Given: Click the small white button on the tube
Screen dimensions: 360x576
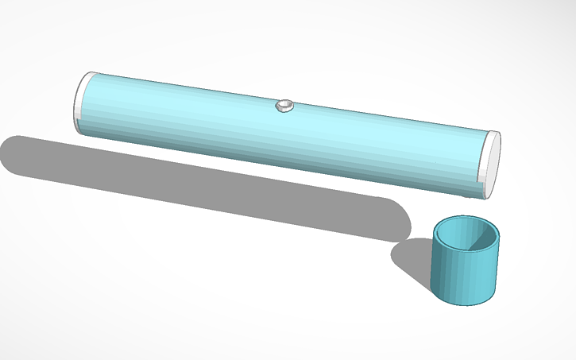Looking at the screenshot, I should coord(284,106).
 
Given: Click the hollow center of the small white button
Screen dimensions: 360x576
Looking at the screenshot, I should coord(284,104).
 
